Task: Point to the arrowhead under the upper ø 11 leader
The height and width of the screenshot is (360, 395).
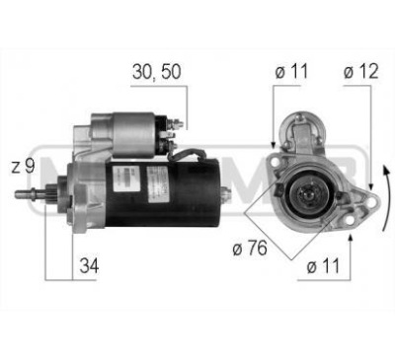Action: point(276,147)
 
